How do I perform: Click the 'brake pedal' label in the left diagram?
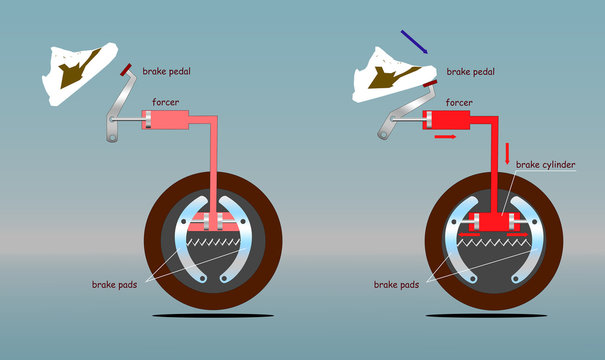(x=167, y=72)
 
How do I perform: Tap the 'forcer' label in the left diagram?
(x=166, y=102)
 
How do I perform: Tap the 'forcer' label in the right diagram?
(x=459, y=102)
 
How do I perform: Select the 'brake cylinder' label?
(x=546, y=163)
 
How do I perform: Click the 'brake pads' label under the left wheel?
(x=113, y=284)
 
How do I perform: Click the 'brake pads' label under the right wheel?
(x=398, y=285)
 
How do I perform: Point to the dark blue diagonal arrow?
(x=415, y=41)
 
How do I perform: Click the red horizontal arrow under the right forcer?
(x=447, y=135)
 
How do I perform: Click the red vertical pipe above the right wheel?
(x=496, y=170)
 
